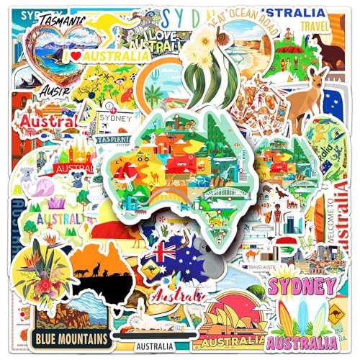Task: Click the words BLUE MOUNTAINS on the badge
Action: tap(70, 338)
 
